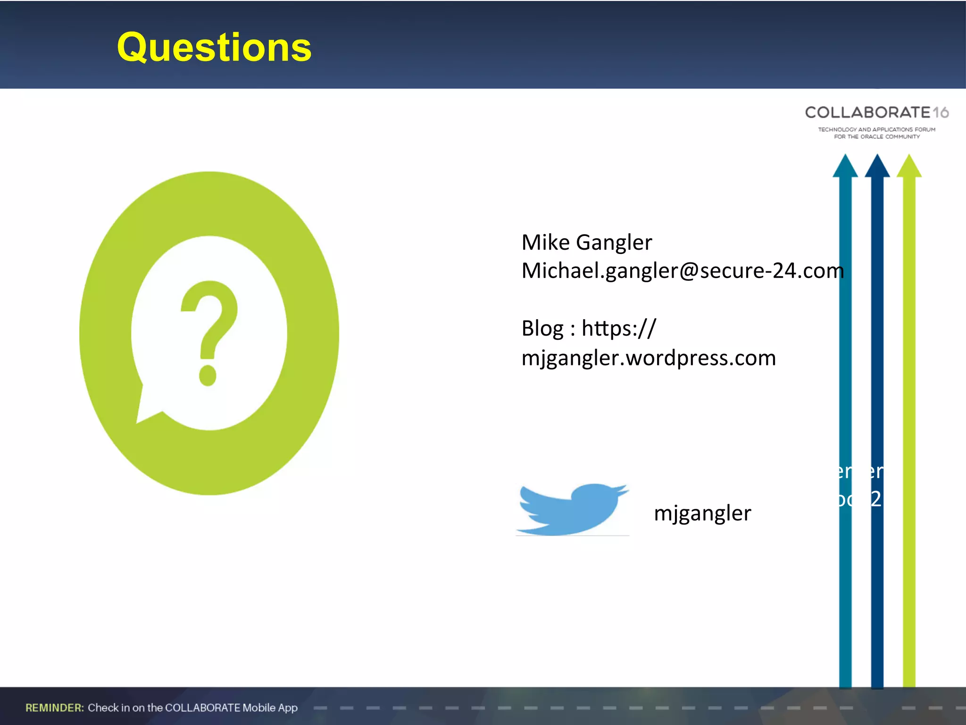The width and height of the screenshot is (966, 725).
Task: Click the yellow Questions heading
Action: click(x=214, y=48)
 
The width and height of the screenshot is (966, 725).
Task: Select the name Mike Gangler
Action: click(x=586, y=243)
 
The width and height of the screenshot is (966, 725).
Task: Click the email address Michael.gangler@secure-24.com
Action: click(x=682, y=271)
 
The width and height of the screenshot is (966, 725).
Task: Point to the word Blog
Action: click(x=542, y=329)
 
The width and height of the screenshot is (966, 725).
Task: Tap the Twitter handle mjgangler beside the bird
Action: click(x=702, y=513)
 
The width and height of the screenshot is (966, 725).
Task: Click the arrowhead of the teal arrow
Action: click(x=845, y=166)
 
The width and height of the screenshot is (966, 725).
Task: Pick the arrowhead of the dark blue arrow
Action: click(x=877, y=166)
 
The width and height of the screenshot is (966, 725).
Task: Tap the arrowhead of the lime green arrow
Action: click(x=909, y=166)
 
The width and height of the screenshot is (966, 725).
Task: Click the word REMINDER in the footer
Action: click(x=55, y=708)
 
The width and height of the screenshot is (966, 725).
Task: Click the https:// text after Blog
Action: click(x=618, y=329)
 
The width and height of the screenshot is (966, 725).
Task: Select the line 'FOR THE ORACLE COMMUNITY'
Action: click(x=876, y=137)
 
